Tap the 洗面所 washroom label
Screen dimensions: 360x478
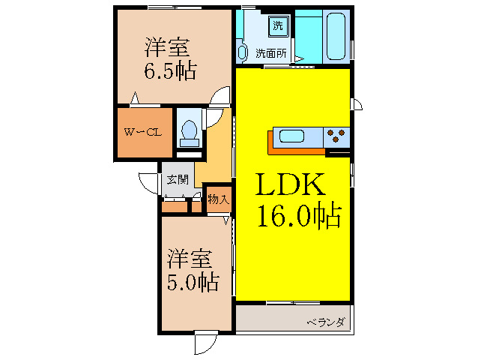tap(270, 53)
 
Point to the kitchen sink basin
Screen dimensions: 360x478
tap(291, 136)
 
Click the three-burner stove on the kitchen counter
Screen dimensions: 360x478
tap(336, 136)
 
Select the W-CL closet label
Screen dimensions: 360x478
tap(142, 133)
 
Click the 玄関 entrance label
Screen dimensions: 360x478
tap(177, 179)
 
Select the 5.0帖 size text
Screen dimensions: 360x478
tap(193, 283)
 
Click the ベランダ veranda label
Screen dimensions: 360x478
tap(325, 322)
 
